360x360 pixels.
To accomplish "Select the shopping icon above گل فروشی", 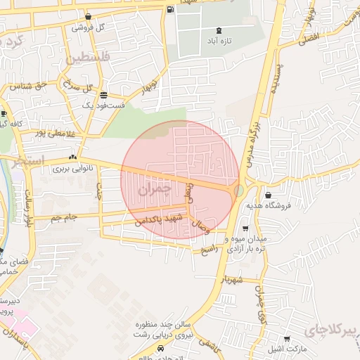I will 88,17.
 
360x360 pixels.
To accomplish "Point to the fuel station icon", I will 171,10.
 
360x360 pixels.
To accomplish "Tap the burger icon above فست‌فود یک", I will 104,95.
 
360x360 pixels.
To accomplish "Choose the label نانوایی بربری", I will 72,169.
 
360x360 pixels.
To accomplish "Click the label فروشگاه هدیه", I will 266,206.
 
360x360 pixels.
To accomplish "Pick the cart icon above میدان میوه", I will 245,229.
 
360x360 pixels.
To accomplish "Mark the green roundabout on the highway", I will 239,190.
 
